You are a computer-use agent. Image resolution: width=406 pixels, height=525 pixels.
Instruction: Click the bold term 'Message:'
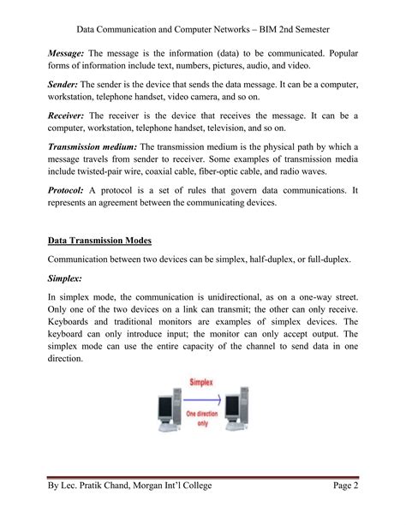[x=67, y=53]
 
